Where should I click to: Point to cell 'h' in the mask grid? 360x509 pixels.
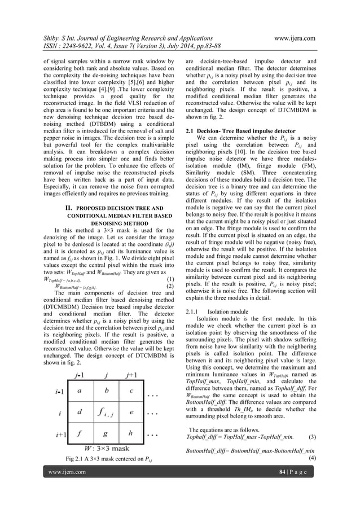pos(131,435)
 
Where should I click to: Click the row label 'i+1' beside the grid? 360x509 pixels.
pos(60,435)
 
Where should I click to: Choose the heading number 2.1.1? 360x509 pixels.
pos(194,311)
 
